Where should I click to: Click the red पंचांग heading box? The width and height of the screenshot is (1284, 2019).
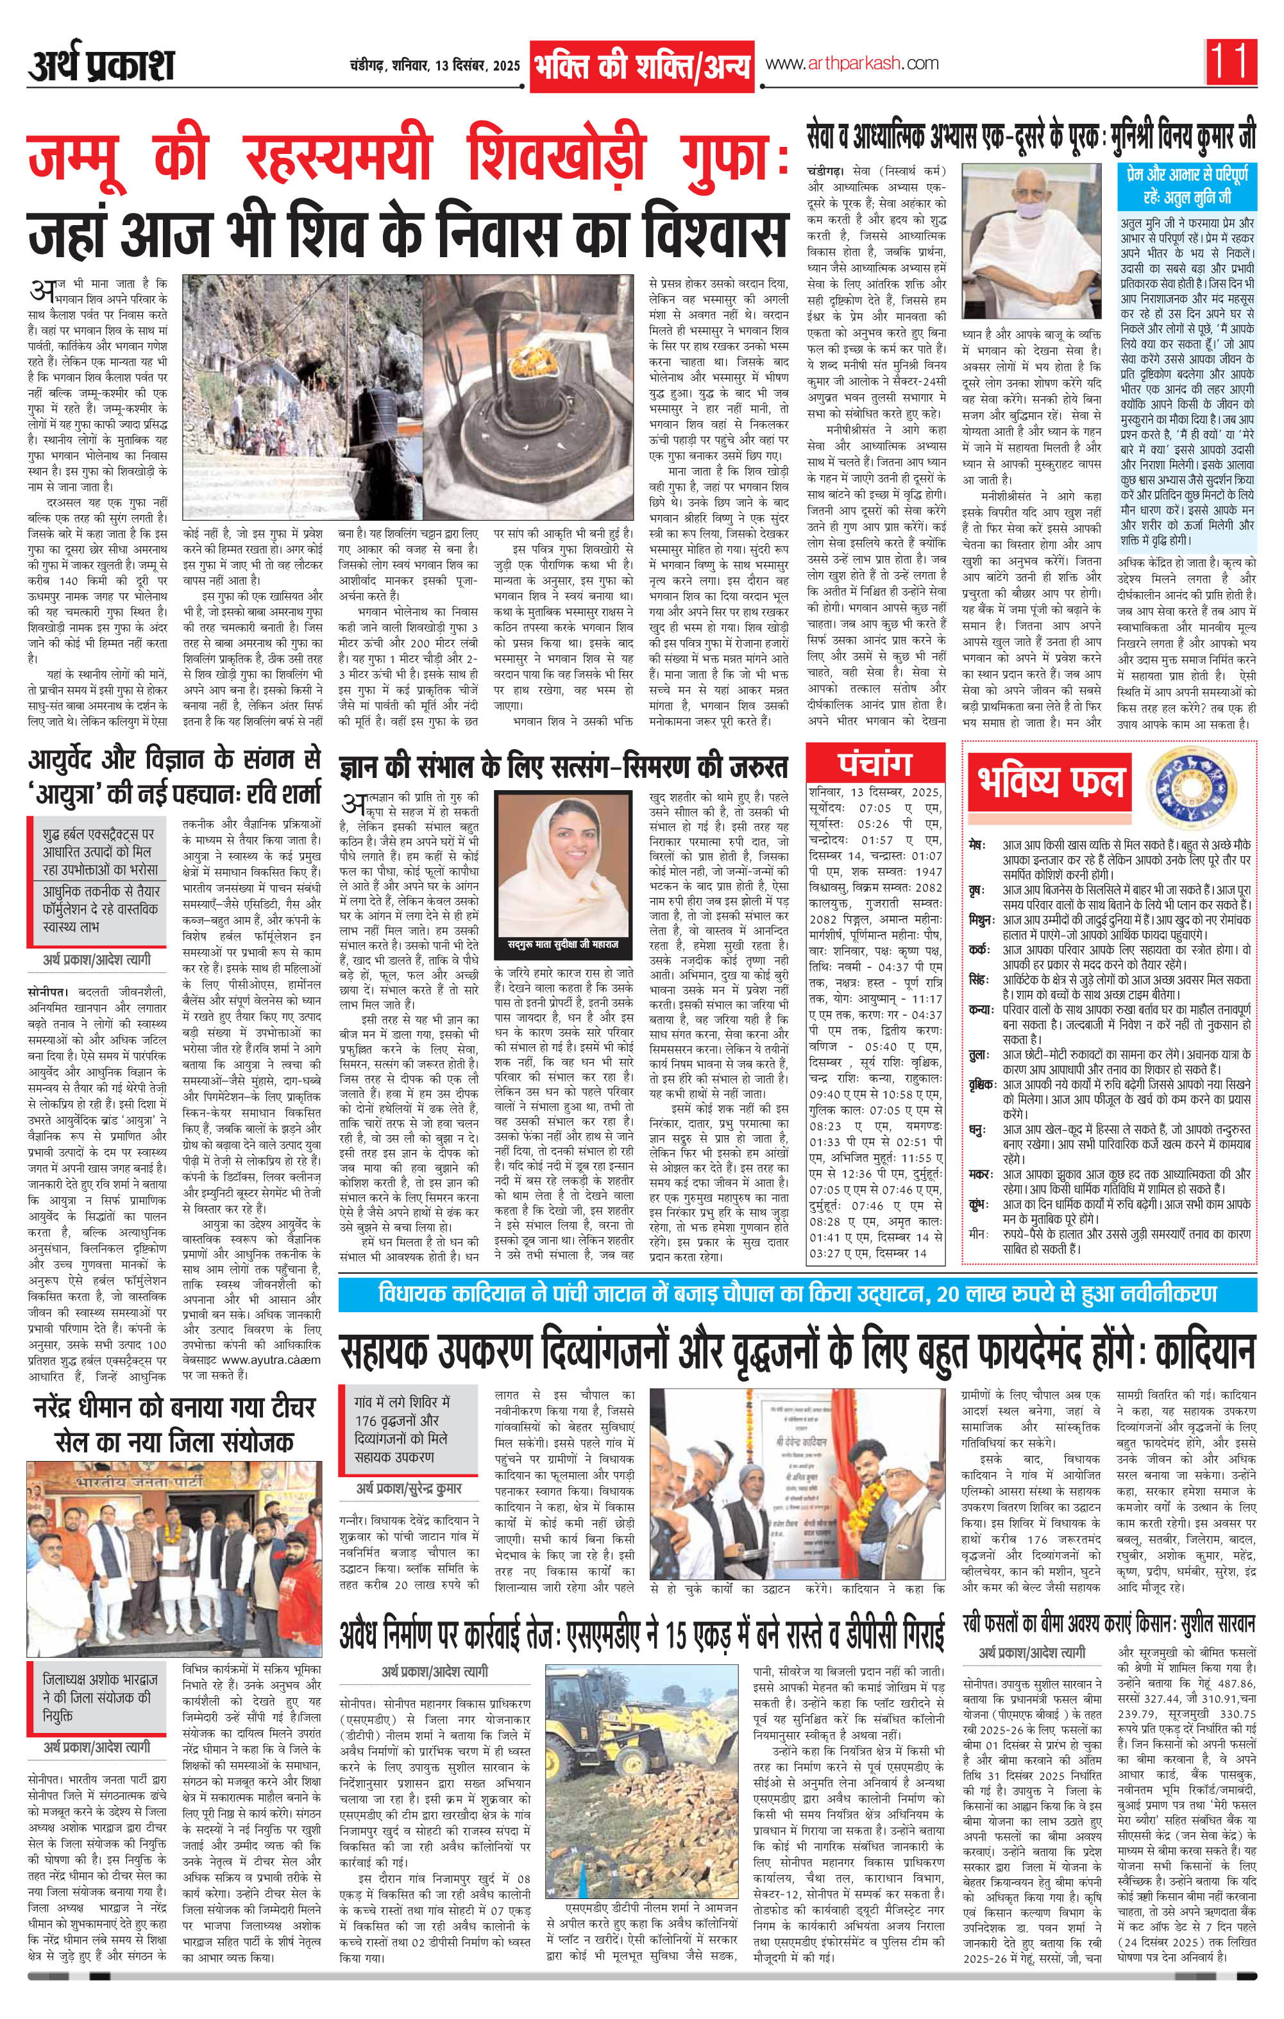pos(875,764)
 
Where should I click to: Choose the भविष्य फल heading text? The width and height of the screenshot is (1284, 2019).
pos(1051,781)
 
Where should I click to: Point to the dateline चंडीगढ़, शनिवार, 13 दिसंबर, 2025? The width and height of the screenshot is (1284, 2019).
pos(434,66)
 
